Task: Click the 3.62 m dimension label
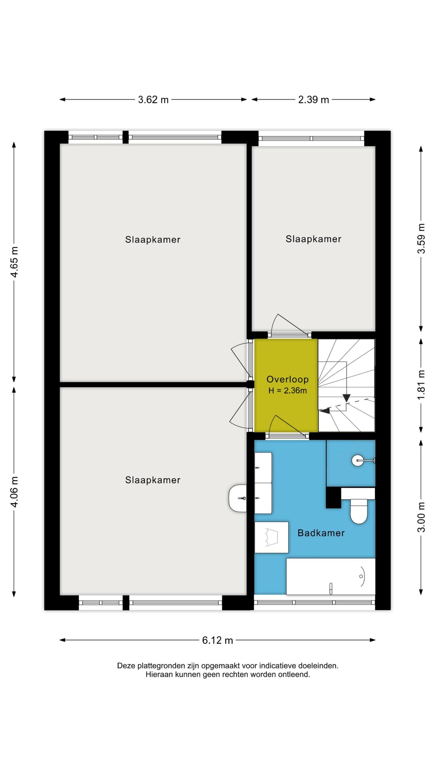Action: click(153, 99)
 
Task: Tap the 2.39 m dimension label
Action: click(313, 99)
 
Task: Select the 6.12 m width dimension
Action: click(217, 640)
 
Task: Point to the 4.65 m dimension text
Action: click(14, 262)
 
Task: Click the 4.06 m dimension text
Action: click(14, 492)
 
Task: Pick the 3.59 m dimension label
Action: click(421, 239)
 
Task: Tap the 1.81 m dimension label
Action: click(421, 385)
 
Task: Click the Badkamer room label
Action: click(321, 533)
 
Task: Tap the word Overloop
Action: click(288, 379)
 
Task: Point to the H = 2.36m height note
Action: click(288, 391)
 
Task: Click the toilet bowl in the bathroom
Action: click(358, 512)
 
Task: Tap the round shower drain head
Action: click(358, 460)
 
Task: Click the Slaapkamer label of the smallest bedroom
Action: click(314, 239)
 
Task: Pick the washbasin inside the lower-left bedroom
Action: click(238, 498)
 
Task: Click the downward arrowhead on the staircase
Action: click(346, 398)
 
